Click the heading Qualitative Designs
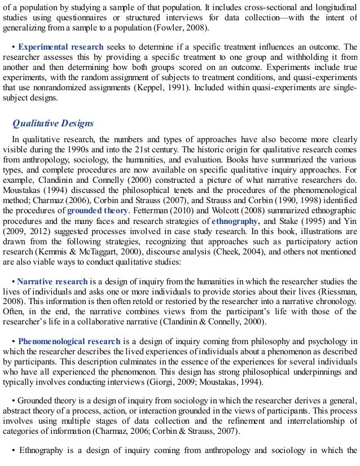53,124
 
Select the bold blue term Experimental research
60,47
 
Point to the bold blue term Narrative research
52,282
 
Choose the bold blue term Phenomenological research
69,341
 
